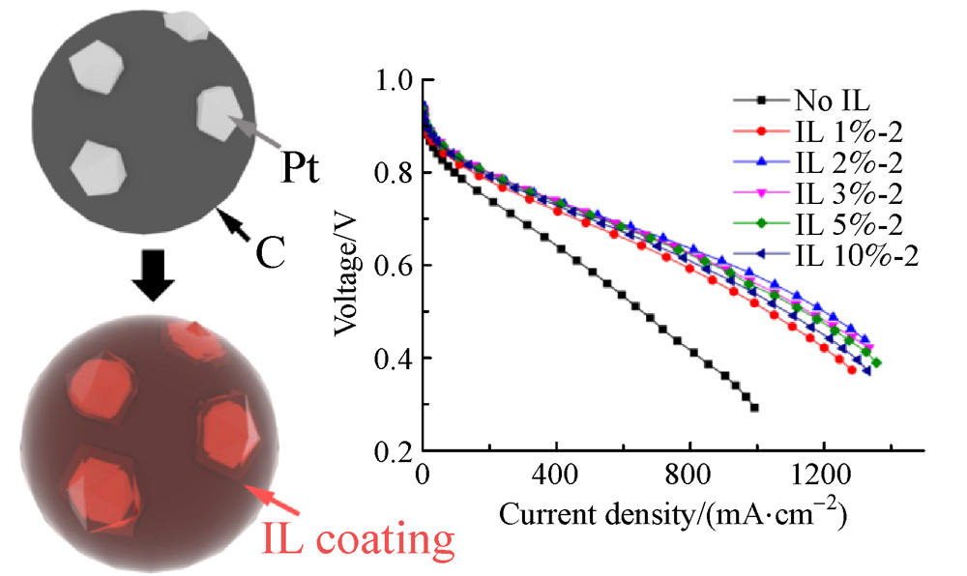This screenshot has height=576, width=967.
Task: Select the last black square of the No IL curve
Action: pyautogui.click(x=754, y=408)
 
